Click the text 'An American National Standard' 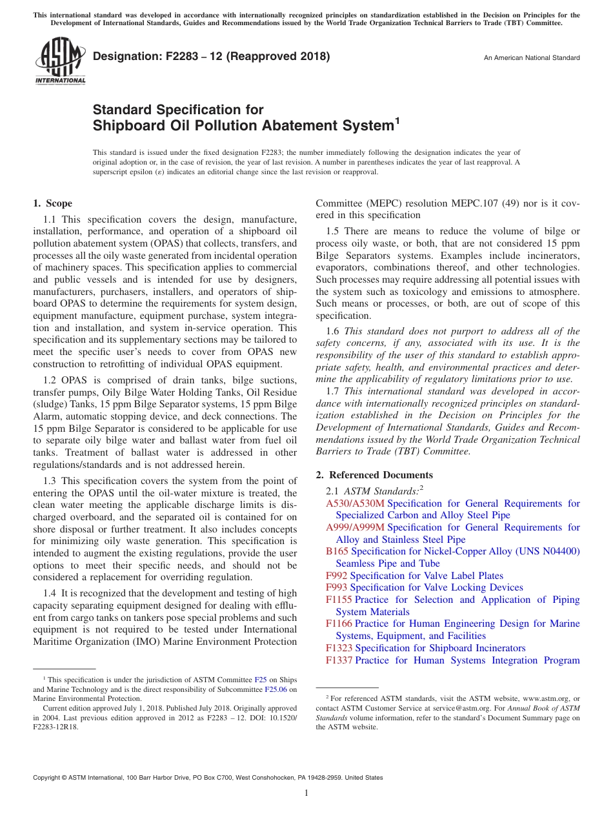[531, 57]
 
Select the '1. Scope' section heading [53, 203]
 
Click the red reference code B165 [337, 551]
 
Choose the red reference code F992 [337, 576]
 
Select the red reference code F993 [337, 587]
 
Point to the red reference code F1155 [339, 600]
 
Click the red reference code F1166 [339, 623]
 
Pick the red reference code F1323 [339, 648]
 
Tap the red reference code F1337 [339, 660]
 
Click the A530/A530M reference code [355, 503]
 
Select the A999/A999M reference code [355, 527]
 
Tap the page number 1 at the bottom [306, 793]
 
